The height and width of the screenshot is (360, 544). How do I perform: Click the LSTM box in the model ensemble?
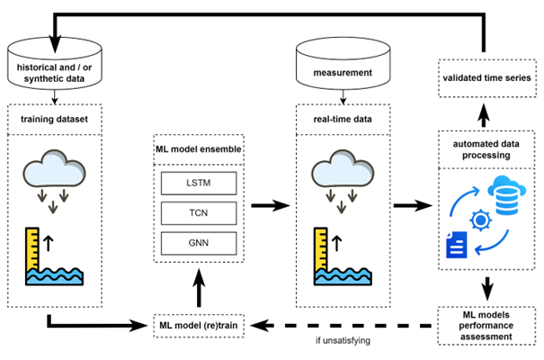click(x=198, y=184)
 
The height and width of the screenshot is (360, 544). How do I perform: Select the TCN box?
click(x=198, y=213)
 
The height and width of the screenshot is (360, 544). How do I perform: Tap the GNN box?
click(x=198, y=242)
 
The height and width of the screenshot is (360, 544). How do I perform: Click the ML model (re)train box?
click(x=198, y=323)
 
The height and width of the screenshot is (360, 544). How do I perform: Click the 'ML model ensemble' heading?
click(x=198, y=148)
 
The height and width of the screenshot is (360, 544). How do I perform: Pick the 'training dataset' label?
click(x=57, y=117)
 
